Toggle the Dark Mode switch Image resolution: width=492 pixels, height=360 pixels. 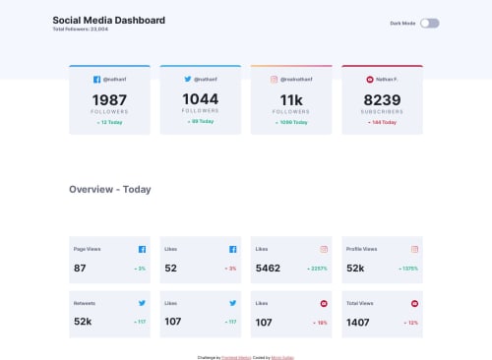coord(429,23)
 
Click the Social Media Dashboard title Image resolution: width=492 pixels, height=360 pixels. coord(108,20)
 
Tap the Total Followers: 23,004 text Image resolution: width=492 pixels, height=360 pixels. coord(81,30)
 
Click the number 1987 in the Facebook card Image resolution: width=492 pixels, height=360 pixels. coord(109,100)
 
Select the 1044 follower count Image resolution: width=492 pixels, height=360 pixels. coord(200,99)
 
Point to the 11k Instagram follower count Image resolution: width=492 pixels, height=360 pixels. coord(291,100)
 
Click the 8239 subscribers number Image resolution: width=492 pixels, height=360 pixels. coord(382,100)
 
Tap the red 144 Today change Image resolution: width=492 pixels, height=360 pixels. coord(382,122)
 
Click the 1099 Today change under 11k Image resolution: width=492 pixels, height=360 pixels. coord(291,122)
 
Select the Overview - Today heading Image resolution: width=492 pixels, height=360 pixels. coord(109,189)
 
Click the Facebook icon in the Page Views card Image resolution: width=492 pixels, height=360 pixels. coord(142,249)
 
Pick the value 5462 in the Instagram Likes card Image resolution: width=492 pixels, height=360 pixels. coord(268,268)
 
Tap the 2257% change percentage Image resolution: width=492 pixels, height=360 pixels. coord(317,269)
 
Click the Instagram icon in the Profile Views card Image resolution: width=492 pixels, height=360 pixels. coord(414,249)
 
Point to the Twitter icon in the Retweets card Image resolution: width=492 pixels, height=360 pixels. coord(142,303)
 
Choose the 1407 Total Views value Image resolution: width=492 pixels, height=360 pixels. coord(358,322)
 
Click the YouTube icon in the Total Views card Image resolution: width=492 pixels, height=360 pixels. coord(414,303)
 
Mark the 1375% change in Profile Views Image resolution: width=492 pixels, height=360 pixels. coord(408,269)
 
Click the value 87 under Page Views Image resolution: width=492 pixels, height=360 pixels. coord(80,268)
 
